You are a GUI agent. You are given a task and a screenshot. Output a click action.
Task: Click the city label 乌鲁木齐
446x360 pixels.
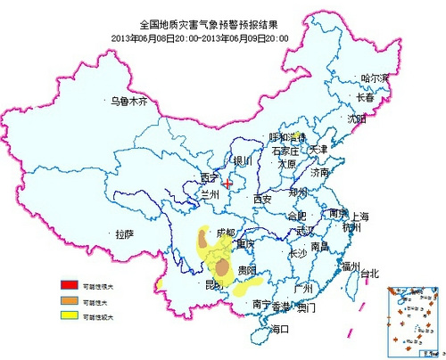[128, 102]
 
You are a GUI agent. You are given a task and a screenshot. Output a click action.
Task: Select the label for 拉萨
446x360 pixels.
[124, 234]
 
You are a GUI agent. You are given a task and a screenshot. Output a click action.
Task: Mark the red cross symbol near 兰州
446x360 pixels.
[228, 184]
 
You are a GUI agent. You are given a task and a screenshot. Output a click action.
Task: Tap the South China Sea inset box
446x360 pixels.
[413, 321]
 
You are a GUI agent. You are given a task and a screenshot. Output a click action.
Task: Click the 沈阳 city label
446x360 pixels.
[357, 118]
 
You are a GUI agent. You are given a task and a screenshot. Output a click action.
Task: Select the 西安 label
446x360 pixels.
[262, 199]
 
